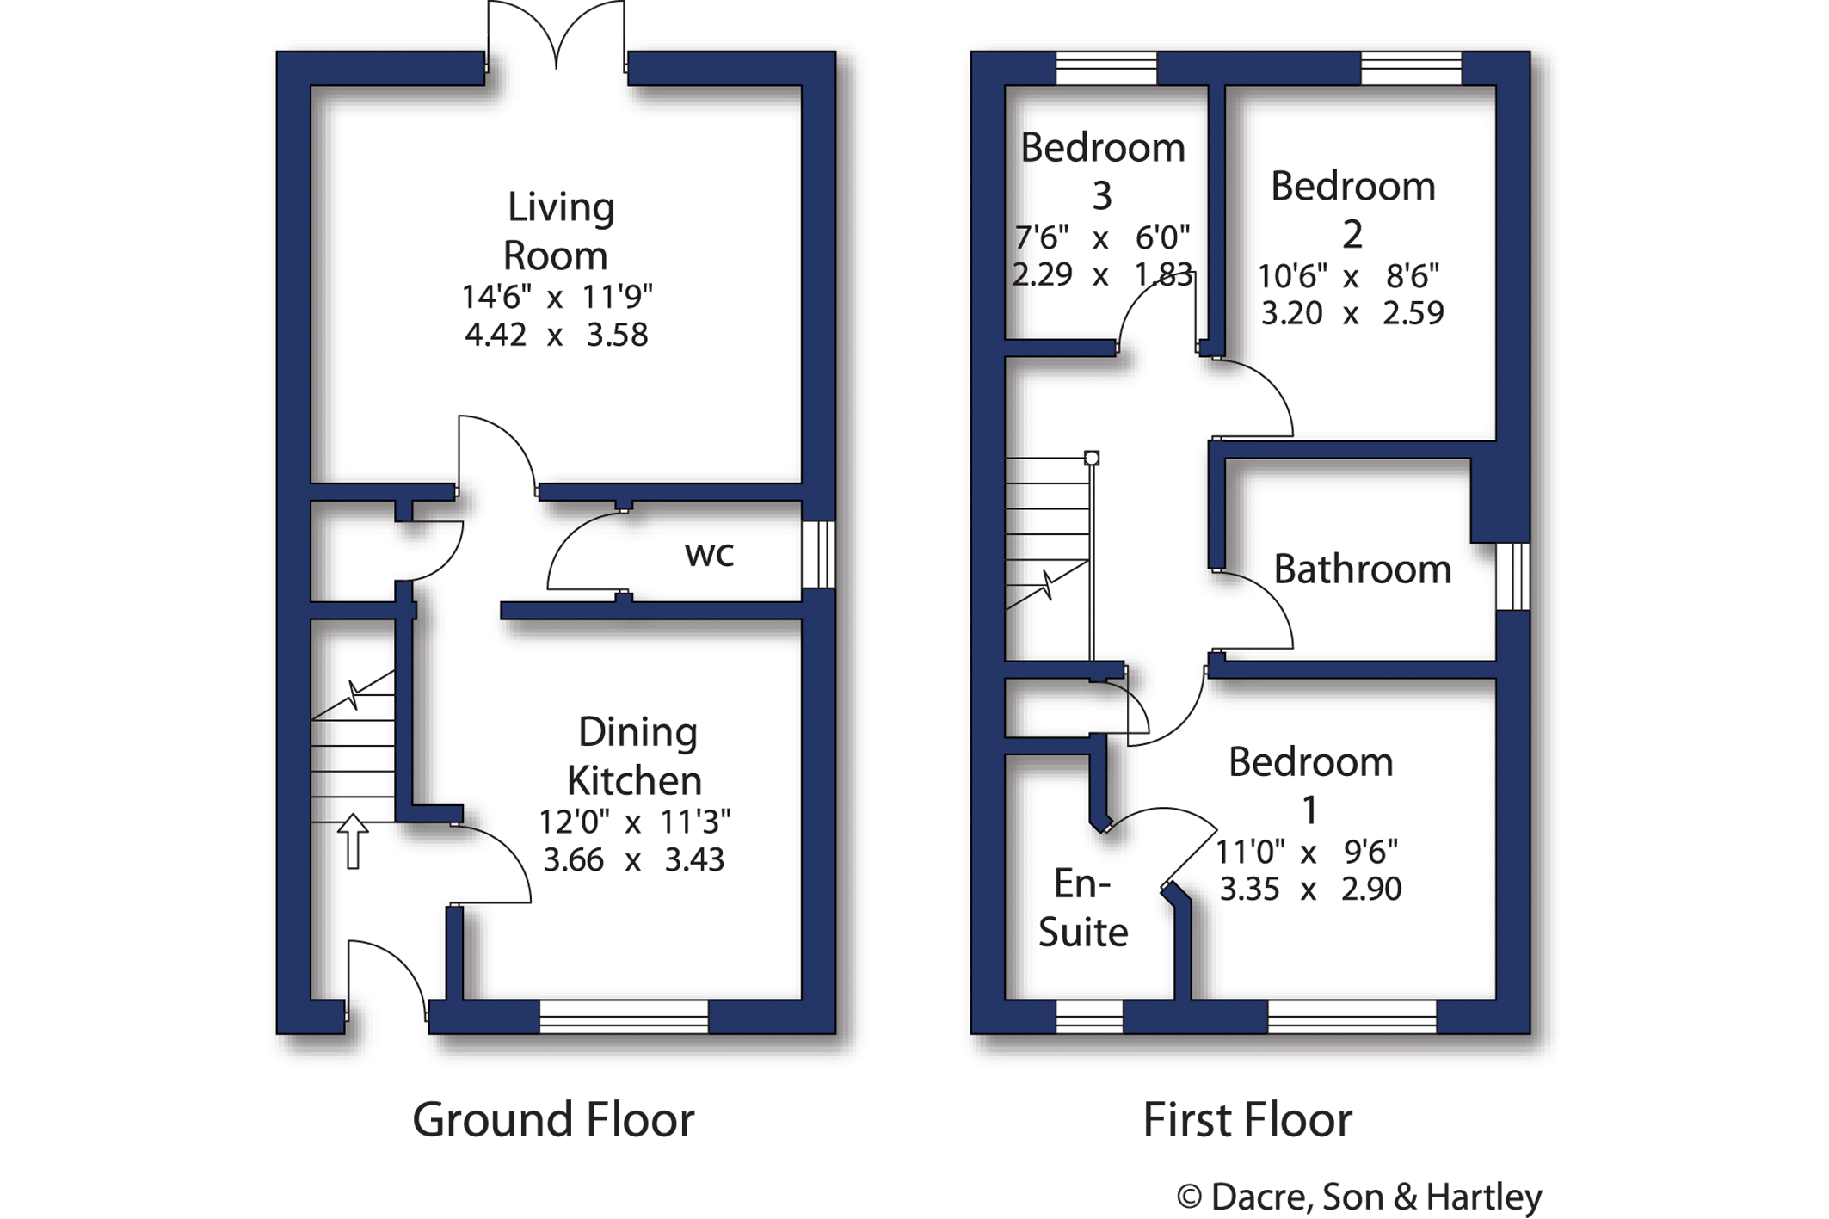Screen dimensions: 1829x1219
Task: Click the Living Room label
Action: coord(558,231)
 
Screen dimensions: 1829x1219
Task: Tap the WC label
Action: coord(709,555)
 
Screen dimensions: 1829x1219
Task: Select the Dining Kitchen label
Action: coord(636,756)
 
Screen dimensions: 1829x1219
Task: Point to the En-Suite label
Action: coord(1083,908)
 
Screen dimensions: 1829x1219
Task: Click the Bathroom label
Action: coord(1363,569)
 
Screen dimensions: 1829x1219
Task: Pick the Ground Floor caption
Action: coord(553,1119)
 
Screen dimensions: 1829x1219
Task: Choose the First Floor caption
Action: coord(1247,1119)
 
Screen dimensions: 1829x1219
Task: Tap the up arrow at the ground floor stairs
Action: coord(353,841)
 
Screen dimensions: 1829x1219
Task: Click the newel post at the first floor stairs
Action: coord(1092,458)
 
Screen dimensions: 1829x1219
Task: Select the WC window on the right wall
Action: coord(818,554)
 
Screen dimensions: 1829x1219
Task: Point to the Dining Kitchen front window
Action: coord(624,1016)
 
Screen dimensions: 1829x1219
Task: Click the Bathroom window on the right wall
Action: coord(1513,576)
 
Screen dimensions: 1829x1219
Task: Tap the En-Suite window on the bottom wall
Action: coord(1089,1016)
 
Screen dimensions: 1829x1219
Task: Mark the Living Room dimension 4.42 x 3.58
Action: coord(556,335)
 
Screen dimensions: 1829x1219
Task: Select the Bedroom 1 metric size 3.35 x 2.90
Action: coord(1310,889)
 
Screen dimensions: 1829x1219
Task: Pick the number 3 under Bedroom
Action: coord(1102,196)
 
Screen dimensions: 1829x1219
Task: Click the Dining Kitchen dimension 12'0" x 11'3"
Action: coord(634,822)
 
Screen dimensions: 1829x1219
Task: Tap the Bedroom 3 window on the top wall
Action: coord(1106,69)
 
